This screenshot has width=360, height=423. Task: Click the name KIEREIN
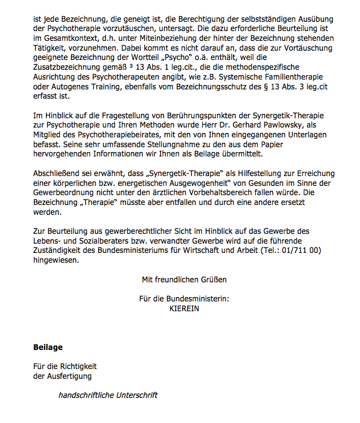tap(184, 309)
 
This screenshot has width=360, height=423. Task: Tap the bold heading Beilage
tap(48, 347)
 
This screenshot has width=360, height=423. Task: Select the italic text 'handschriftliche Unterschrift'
tap(108, 395)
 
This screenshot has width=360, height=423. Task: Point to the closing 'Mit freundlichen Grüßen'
tap(184, 280)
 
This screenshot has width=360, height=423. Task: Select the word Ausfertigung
tap(69, 376)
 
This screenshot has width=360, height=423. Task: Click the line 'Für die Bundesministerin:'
tap(184, 299)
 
